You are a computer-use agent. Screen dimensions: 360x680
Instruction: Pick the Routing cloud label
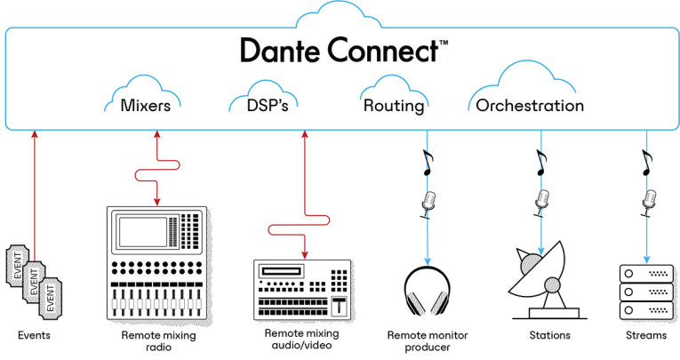point(394,107)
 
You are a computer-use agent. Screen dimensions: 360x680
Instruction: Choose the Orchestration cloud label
point(530,107)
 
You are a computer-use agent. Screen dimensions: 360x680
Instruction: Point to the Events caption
point(35,336)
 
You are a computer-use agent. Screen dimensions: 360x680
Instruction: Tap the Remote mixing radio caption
point(156,341)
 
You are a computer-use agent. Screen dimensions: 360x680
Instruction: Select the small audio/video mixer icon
point(302,288)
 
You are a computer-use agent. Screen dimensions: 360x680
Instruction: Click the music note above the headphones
point(428,162)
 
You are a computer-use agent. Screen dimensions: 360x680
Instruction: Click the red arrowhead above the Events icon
point(35,134)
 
